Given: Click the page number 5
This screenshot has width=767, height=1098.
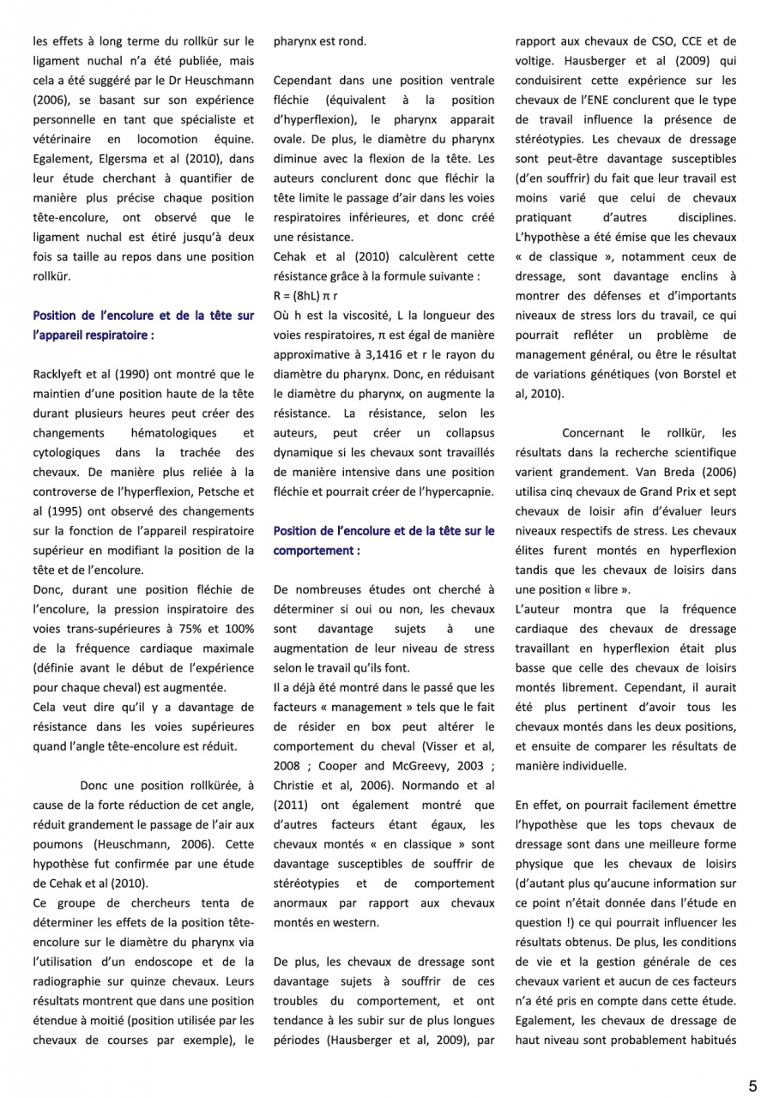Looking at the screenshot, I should [x=752, y=1083].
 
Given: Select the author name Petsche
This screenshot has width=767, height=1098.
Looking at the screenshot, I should [x=205, y=492].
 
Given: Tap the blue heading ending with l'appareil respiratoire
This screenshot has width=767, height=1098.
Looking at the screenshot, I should [x=143, y=325].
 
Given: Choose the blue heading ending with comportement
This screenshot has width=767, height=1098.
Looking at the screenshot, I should [x=383, y=540].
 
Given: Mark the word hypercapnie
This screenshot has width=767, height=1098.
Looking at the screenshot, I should [x=460, y=491].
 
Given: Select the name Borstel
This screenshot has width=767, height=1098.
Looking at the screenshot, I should [x=702, y=374].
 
